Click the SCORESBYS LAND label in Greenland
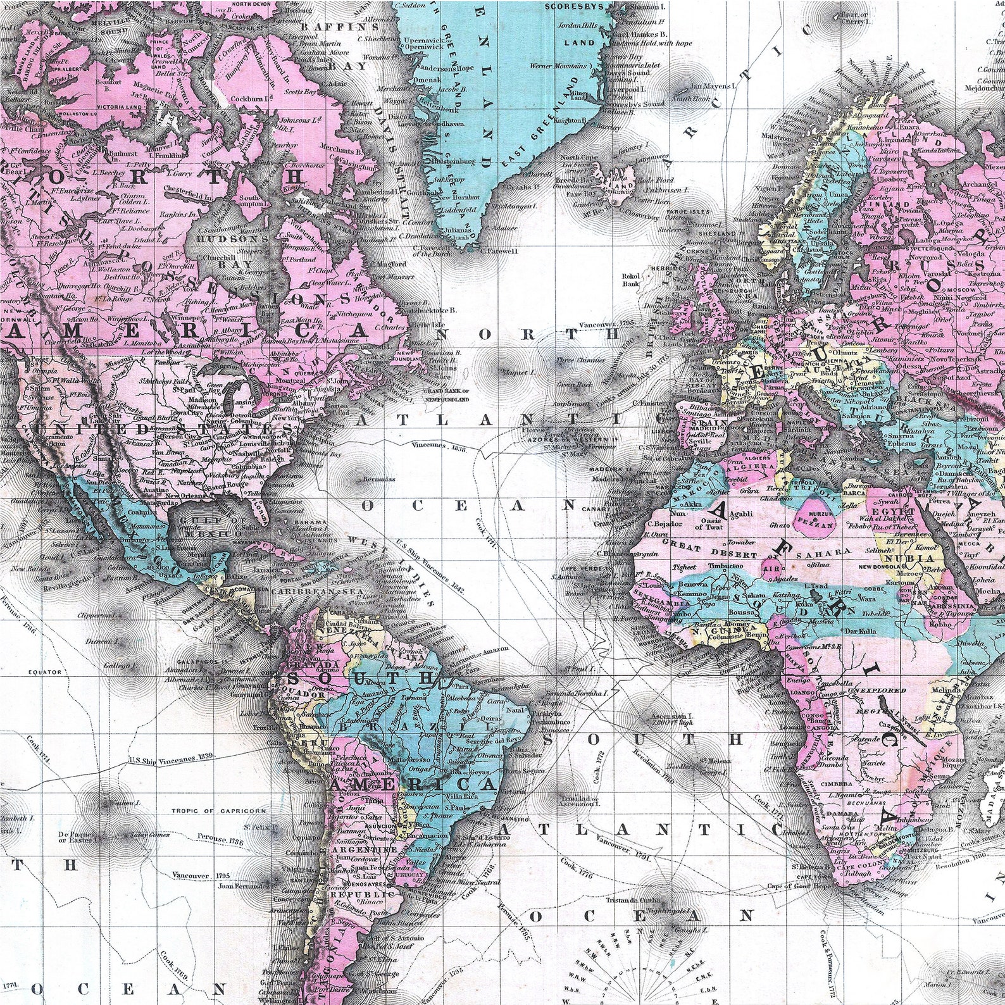[574, 25]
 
